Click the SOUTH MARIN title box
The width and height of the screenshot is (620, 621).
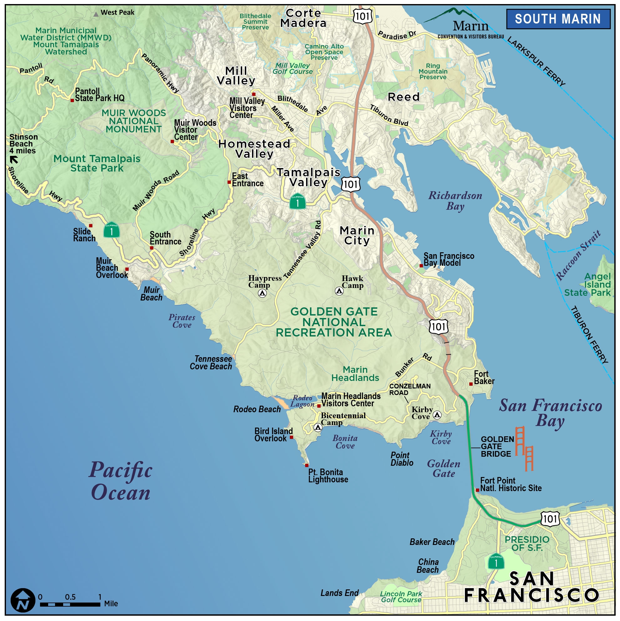[x=558, y=19]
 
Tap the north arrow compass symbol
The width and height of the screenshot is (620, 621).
[x=23, y=600]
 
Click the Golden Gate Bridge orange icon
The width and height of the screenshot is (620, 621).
[x=524, y=449]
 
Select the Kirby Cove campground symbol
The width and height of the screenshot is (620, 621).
[x=437, y=415]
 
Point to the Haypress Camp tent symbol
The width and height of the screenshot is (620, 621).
[x=262, y=293]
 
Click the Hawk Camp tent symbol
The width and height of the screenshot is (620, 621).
[x=339, y=291]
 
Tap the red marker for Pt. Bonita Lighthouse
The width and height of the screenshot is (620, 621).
[x=307, y=465]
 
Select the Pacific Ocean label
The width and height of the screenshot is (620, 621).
[x=120, y=481]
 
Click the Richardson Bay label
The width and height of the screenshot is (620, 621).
[x=455, y=201]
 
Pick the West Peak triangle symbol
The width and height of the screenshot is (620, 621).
[x=96, y=14]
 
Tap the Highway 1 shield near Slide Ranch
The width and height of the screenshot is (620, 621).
[x=111, y=230]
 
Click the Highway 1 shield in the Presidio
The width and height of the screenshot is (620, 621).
[x=496, y=561]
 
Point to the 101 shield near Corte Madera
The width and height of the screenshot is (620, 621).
[x=363, y=16]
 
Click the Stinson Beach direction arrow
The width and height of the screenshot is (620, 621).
[x=14, y=159]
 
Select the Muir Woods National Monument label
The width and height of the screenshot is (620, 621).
[x=134, y=121]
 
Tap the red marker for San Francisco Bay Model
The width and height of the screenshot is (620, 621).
[x=421, y=265]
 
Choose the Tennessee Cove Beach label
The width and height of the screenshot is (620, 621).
[x=211, y=362]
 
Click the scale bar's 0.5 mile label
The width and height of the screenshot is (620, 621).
[x=70, y=597]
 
